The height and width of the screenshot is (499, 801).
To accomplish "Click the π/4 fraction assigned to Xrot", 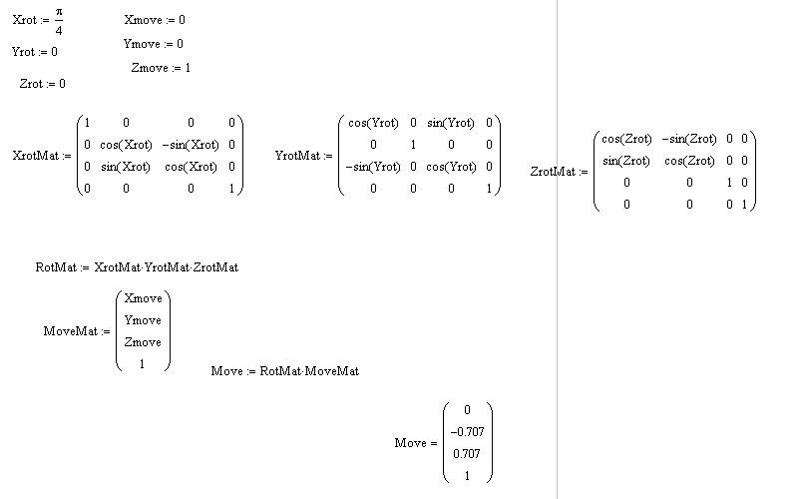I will pos(60,20).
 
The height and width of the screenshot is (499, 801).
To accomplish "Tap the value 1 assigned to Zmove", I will pos(187,68).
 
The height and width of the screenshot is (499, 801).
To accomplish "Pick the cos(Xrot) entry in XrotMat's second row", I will pos(126,145).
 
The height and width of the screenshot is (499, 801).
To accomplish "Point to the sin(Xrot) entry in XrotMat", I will pos(126,167).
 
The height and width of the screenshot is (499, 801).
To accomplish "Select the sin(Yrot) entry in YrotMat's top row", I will pos(448,123).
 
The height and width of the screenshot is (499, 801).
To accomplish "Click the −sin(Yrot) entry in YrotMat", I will pos(371,167).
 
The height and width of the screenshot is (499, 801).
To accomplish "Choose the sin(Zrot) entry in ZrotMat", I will pos(625,161).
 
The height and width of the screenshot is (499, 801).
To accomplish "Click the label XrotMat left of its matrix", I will pos(33,156).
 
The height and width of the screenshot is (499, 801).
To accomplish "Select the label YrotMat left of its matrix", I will pos(296,156).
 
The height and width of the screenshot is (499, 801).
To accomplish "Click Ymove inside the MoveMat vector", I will pos(142,320).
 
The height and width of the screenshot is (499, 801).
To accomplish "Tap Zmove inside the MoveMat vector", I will pos(142,342).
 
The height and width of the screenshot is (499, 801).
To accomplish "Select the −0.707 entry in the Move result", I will pos(467,432).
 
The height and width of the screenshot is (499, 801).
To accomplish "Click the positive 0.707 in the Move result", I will pos(467,454).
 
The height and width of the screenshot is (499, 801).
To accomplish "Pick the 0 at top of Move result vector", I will pos(467,410).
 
